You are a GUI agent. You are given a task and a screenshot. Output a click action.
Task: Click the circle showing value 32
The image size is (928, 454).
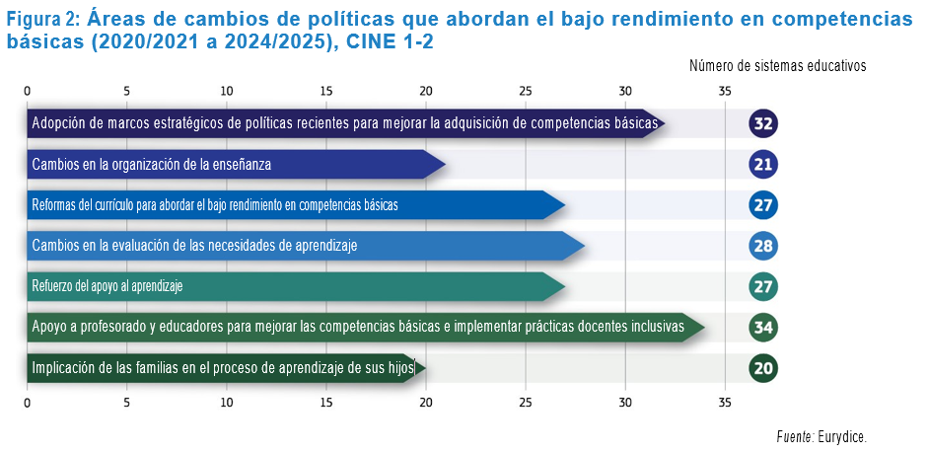(x=762, y=123)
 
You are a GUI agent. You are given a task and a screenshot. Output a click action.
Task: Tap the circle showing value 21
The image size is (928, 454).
(x=762, y=164)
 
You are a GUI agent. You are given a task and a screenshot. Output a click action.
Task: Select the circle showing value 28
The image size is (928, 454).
(x=762, y=246)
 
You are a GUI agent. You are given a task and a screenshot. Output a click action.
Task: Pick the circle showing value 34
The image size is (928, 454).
(x=762, y=328)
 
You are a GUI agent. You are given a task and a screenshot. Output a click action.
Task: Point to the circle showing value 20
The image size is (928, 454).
(x=762, y=369)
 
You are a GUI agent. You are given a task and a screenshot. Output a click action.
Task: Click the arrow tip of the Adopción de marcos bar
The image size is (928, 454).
(x=661, y=123)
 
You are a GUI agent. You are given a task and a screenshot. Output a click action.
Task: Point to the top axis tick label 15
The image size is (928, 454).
(x=327, y=91)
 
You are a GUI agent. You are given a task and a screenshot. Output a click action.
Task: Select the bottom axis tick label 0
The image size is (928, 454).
(x=28, y=403)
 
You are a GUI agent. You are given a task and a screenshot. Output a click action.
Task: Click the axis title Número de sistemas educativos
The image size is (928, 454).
(x=777, y=66)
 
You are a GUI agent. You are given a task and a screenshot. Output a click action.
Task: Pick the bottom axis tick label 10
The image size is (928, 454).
(x=228, y=403)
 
